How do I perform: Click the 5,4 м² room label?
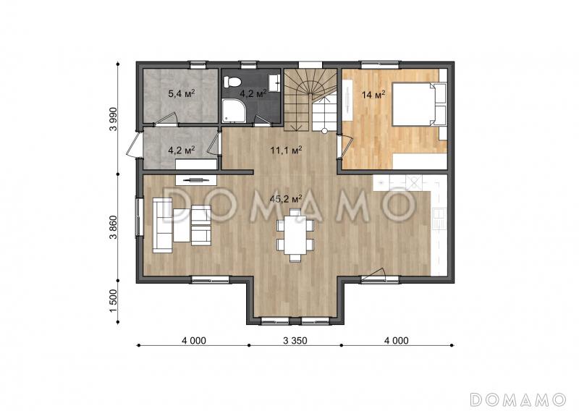point(182,93)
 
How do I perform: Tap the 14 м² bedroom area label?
point(373,95)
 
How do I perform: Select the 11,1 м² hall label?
point(286,151)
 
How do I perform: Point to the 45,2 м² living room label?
point(286,200)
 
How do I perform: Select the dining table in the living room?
point(295,236)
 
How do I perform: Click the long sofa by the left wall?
point(162,225)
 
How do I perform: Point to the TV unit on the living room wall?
point(196,180)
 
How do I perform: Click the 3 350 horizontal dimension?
point(295,341)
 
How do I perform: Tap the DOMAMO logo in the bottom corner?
point(518,399)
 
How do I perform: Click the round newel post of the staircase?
point(324,131)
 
